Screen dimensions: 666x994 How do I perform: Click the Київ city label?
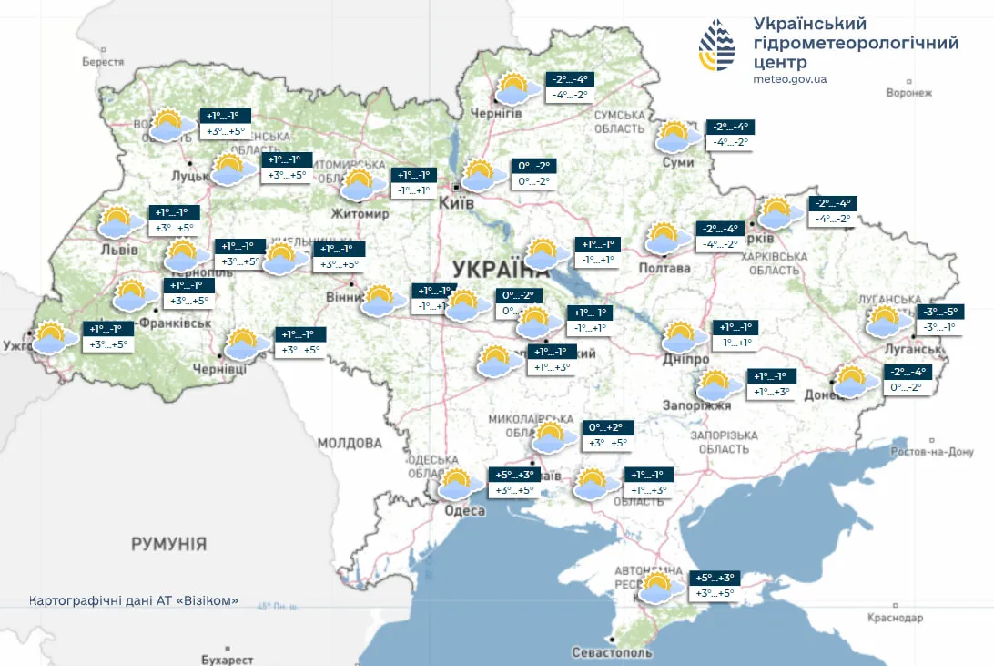pyautogui.click(x=456, y=203)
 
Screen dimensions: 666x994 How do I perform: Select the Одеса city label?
pyautogui.click(x=464, y=511)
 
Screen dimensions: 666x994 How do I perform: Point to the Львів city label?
pyautogui.click(x=119, y=250)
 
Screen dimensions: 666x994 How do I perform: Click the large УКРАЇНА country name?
pyautogui.click(x=499, y=269)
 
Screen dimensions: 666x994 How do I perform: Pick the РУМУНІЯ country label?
pyautogui.click(x=168, y=544)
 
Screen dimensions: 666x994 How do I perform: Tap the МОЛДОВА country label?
pyautogui.click(x=350, y=443)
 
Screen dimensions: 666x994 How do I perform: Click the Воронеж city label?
pyautogui.click(x=909, y=93)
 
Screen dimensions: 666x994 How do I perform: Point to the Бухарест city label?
pyautogui.click(x=222, y=659)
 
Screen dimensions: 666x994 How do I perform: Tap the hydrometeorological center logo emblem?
pyautogui.click(x=717, y=46)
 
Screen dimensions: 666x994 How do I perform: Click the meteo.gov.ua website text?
pyautogui.click(x=790, y=79)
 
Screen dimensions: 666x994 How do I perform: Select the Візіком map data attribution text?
pyautogui.click(x=134, y=600)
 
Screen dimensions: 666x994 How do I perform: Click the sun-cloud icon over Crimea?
pyautogui.click(x=658, y=587)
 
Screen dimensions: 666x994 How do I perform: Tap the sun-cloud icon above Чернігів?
pyautogui.click(x=512, y=88)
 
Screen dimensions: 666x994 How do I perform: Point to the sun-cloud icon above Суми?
pyautogui.click(x=676, y=137)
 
